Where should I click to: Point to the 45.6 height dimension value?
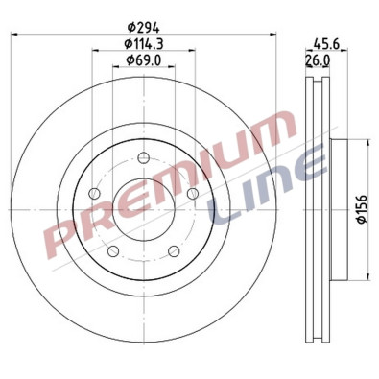coord(326,42)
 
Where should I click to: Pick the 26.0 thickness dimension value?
coord(318,59)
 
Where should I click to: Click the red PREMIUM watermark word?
coord(173,182)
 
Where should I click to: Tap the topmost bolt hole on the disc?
coord(142,159)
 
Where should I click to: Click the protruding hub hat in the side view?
coord(338,211)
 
